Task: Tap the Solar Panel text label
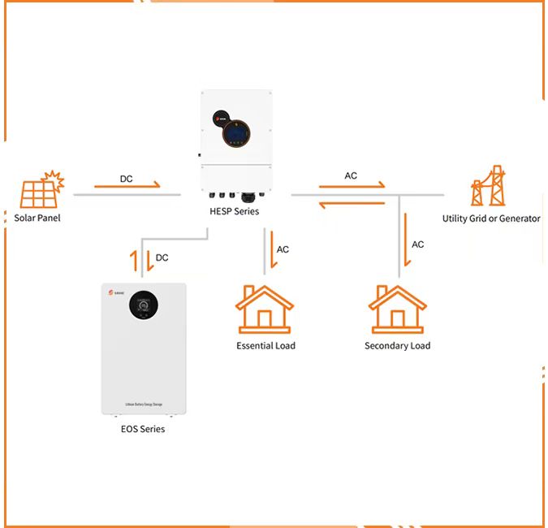coord(37,218)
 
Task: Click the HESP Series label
coord(235,213)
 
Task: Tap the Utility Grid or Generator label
coord(491,219)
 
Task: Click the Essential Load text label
coord(265,346)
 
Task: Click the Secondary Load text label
coord(397,346)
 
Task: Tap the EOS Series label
coord(142,429)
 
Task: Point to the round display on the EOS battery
coord(144,305)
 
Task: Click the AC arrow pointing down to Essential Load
coord(266,249)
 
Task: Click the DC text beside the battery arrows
coord(162,258)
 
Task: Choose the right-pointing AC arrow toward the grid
coord(352,186)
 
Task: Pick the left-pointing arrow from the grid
coord(352,205)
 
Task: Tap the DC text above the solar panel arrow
coord(127,178)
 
